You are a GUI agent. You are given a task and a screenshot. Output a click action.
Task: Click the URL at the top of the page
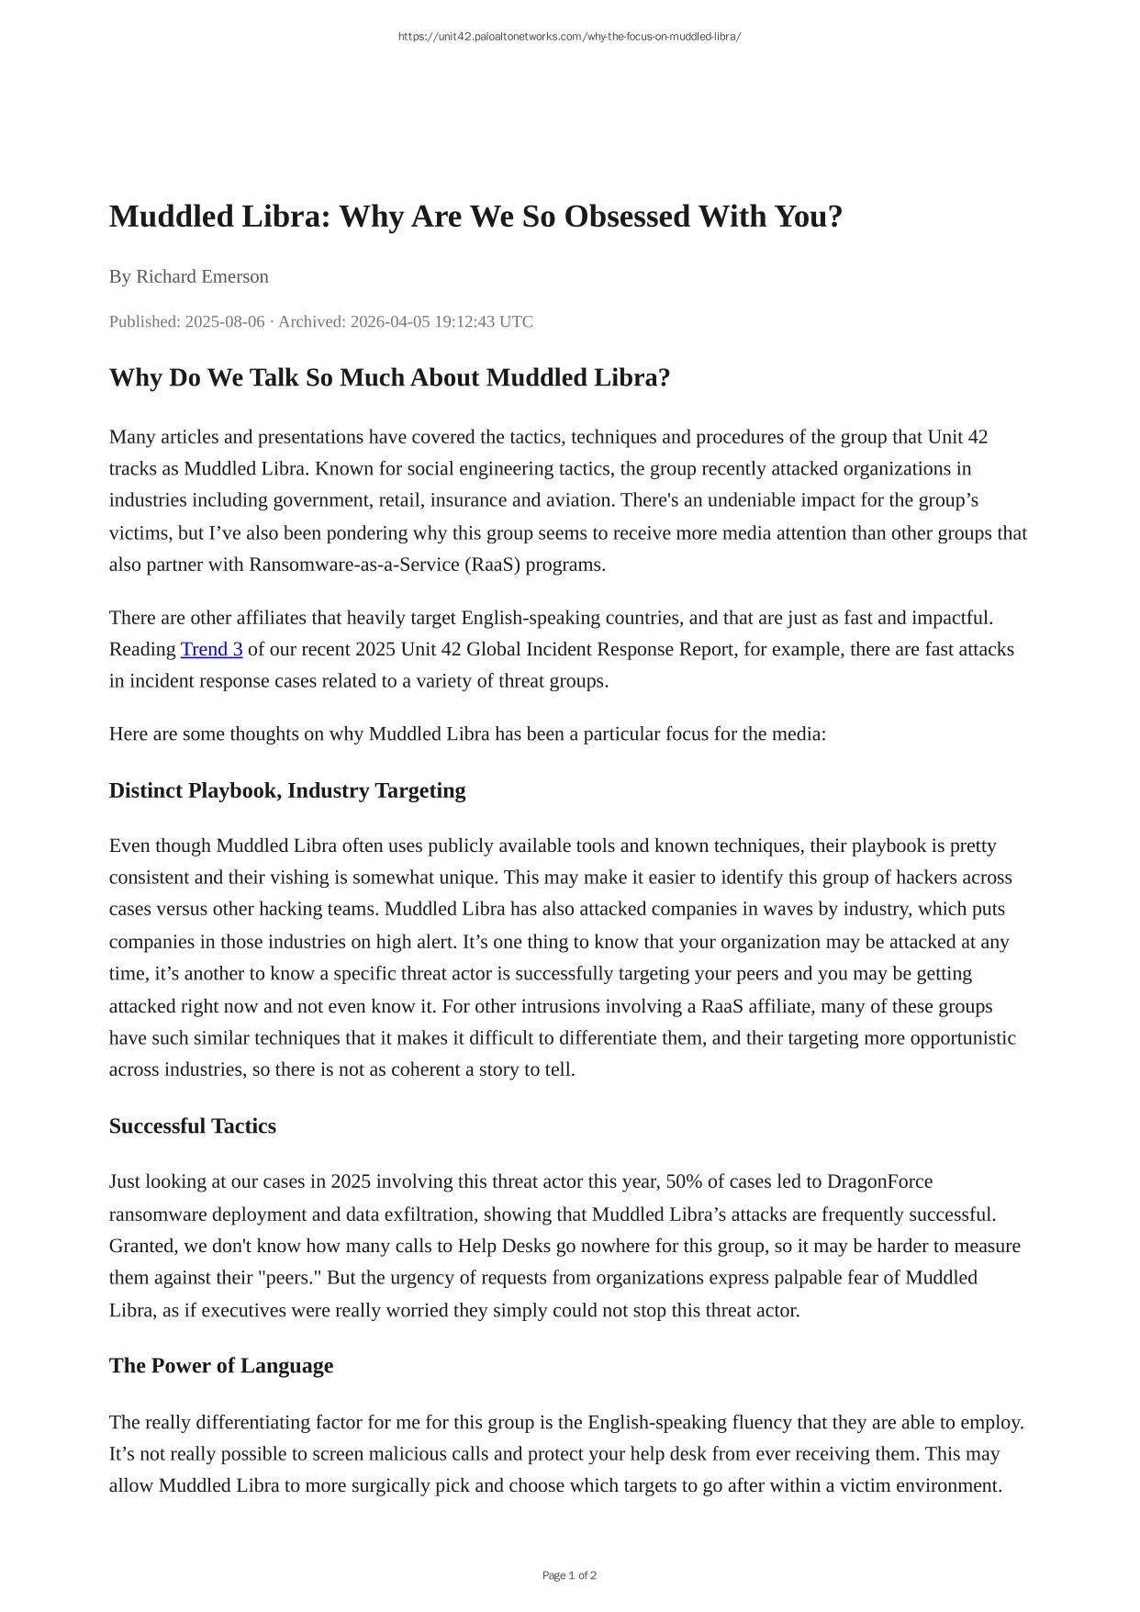tap(569, 37)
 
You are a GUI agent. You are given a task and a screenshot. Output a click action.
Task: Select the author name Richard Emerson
tap(202, 276)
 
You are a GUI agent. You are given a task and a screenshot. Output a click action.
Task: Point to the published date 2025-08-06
tap(225, 321)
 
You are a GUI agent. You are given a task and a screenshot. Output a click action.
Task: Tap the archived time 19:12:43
tap(445, 321)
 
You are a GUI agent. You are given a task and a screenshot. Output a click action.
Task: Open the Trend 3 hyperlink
tap(211, 649)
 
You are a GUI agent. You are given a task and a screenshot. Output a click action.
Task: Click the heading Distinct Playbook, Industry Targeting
tap(287, 790)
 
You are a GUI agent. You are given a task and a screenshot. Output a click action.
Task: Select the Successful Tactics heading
tap(193, 1126)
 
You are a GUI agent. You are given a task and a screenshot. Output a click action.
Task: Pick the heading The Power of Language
tap(221, 1366)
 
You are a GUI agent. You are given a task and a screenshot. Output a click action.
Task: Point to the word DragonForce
tap(879, 1181)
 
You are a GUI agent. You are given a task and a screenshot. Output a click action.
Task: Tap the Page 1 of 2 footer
tap(569, 1575)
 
